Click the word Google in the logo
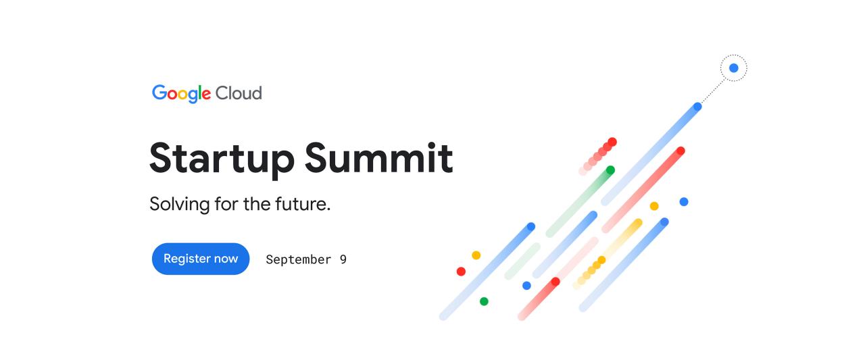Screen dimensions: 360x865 click(x=181, y=93)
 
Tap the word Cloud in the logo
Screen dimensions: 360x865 click(x=239, y=93)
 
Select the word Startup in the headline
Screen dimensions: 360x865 click(x=221, y=158)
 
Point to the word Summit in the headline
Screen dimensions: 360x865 click(x=378, y=157)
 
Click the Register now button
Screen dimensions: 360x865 click(x=201, y=259)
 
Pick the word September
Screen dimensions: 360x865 click(x=298, y=259)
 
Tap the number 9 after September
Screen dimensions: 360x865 click(x=343, y=259)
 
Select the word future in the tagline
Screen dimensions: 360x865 click(x=302, y=203)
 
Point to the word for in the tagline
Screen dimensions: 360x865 click(x=226, y=203)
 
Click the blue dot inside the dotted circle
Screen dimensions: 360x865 click(x=734, y=68)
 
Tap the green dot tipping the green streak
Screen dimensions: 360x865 click(x=610, y=170)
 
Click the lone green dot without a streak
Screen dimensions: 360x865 click(x=484, y=301)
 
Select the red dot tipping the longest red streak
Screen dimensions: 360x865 click(x=681, y=151)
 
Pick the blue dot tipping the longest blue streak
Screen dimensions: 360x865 click(x=698, y=107)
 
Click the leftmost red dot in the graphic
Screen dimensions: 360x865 click(x=461, y=272)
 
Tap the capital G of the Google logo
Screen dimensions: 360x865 click(x=159, y=93)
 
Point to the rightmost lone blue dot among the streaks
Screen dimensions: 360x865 click(x=684, y=202)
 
